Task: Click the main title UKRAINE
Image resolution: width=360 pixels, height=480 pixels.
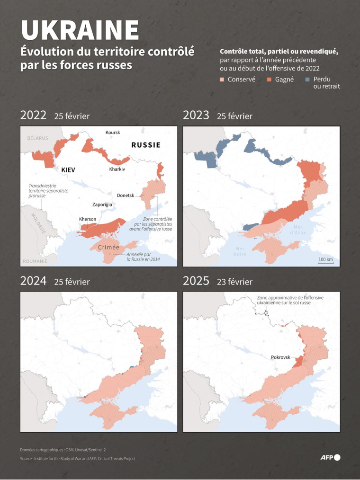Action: pos(80,30)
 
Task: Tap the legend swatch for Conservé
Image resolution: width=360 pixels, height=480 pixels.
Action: pos(222,80)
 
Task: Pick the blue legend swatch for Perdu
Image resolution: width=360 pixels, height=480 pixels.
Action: pos(307,80)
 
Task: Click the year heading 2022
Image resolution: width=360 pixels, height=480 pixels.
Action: pos(33,116)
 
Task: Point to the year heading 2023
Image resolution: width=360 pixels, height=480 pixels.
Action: pos(196,116)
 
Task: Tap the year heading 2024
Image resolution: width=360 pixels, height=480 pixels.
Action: pos(33,281)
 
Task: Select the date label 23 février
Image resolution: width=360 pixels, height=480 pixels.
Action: pos(234,282)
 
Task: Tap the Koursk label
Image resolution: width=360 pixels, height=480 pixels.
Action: pos(113,133)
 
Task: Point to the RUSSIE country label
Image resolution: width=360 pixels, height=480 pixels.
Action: pos(145,145)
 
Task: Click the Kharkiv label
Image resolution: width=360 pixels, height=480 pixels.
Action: pos(117,169)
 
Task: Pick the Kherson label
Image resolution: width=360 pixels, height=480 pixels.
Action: pos(88,219)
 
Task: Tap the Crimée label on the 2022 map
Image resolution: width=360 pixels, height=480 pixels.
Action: pos(108,248)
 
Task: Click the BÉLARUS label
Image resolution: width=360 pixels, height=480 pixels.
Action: pos(37,138)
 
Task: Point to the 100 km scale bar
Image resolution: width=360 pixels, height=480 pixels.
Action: pos(325,260)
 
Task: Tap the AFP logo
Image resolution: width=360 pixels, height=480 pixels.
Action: pos(330,457)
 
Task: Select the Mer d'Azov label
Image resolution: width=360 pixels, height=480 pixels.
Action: pos(299,230)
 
